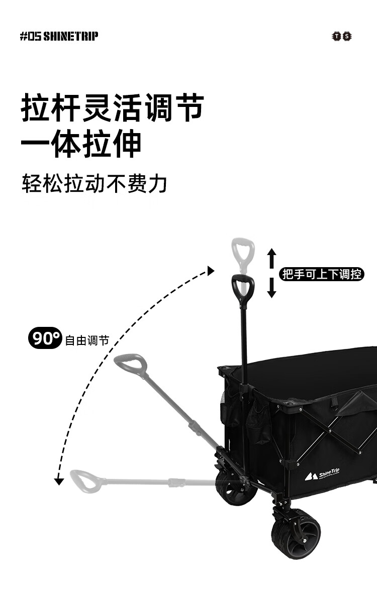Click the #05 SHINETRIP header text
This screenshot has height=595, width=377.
pos(59,36)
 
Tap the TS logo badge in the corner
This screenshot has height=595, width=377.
pos(342,36)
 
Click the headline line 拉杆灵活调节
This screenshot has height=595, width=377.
pos(112,107)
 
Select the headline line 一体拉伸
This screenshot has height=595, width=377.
pos(81,145)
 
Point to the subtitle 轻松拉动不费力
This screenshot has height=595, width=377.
pos(94,184)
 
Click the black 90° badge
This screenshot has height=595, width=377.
pos(45,338)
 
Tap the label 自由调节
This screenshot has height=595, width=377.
pos(86,340)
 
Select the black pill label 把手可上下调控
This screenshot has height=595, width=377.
pos(321,274)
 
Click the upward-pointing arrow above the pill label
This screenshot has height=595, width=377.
pos(271,258)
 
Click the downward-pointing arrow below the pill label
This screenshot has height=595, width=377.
pos(271,290)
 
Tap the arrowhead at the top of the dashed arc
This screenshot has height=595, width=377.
pos(211,271)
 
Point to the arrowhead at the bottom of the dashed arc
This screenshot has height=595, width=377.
pos(59,482)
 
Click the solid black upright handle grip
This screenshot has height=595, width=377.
pos(243,289)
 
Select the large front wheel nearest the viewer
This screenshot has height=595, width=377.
pos(296,533)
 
